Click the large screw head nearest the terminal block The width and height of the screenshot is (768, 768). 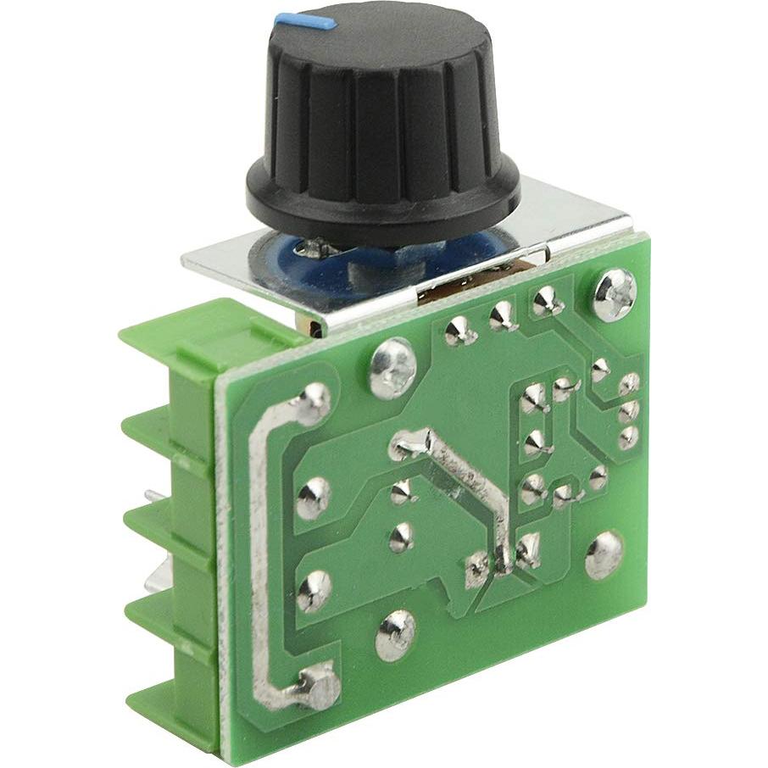click(x=391, y=368)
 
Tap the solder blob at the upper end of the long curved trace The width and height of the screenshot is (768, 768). click(x=311, y=404)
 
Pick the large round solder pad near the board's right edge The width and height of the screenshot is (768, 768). click(x=604, y=556)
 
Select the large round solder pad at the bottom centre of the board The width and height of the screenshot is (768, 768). click(x=396, y=631)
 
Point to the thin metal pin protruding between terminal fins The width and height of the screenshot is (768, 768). click(x=151, y=496)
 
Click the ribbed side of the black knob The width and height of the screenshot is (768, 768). click(x=381, y=110)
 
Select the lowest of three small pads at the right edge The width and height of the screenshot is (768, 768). click(x=628, y=438)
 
